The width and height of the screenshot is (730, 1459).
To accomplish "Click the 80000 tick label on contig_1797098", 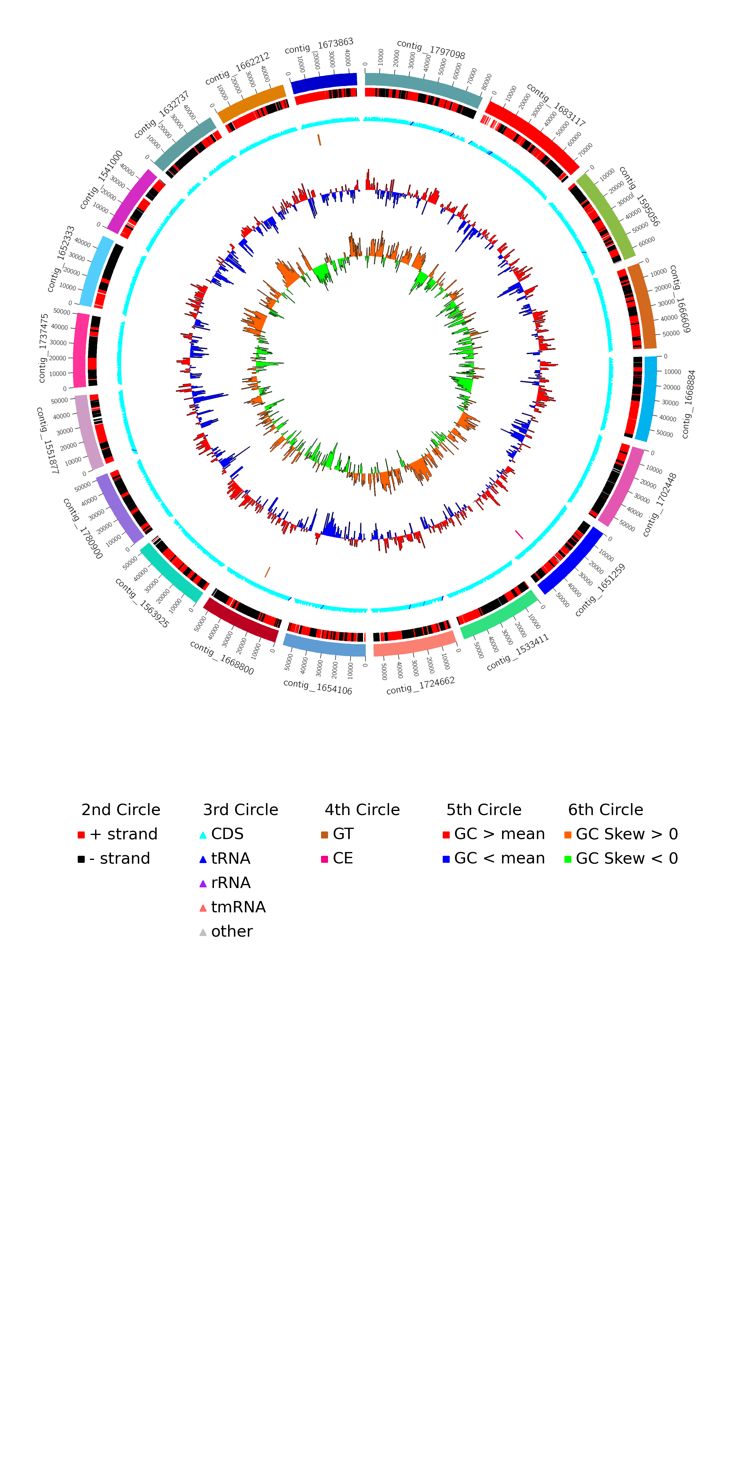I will (486, 81).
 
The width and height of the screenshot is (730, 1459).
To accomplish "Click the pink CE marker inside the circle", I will (519, 534).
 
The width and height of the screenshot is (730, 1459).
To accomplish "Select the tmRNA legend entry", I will (237, 907).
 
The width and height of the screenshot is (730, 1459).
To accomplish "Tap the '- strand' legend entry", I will (119, 859).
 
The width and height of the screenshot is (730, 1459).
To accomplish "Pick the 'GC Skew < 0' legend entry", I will (626, 859).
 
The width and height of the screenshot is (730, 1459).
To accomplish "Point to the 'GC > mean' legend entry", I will (499, 834).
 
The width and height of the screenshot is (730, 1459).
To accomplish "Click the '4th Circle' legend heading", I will (362, 810).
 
